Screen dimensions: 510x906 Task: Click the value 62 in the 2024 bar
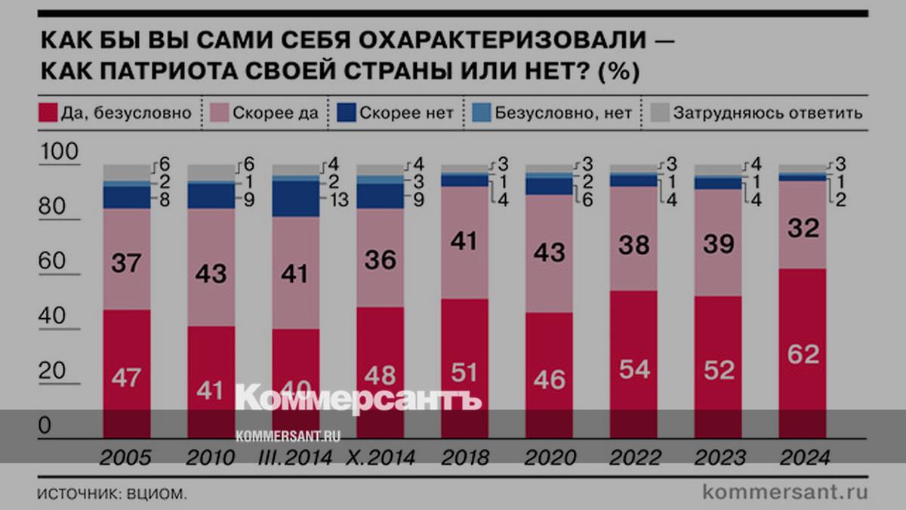[x=802, y=354]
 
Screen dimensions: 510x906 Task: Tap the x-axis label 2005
[x=125, y=458]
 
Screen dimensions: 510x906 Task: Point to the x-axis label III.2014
[x=296, y=458]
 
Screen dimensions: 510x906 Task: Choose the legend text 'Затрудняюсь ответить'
[x=768, y=113]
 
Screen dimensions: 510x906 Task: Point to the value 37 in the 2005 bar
[x=126, y=264]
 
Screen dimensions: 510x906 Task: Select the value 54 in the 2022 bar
[x=633, y=369]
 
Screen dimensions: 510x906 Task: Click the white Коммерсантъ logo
[x=358, y=399]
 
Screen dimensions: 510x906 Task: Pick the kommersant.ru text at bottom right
[x=785, y=492]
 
